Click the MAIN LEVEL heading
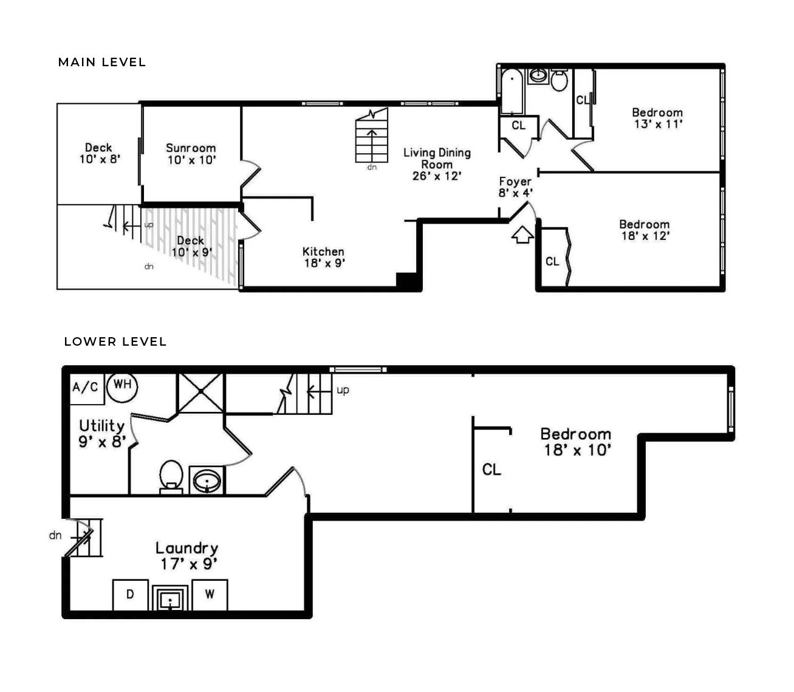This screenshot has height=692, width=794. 102,62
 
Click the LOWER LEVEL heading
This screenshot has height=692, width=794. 115,341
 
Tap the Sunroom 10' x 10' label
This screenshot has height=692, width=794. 191,154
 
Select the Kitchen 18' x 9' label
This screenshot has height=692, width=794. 324,257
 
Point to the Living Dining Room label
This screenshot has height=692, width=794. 437,164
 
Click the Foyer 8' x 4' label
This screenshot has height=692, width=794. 515,187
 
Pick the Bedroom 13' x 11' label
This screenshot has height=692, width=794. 657,118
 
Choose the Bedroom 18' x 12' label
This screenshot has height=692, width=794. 644,230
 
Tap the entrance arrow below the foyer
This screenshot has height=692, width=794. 522,235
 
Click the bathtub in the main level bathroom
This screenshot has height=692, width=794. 512,92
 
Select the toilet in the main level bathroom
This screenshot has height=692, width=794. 560,80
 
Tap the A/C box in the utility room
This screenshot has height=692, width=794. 85,386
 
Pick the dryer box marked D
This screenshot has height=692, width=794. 130,594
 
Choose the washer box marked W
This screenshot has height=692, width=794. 210,594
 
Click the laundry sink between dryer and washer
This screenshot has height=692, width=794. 170,598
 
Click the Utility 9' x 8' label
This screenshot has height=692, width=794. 102,433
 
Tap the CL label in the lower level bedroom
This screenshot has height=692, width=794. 491,470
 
